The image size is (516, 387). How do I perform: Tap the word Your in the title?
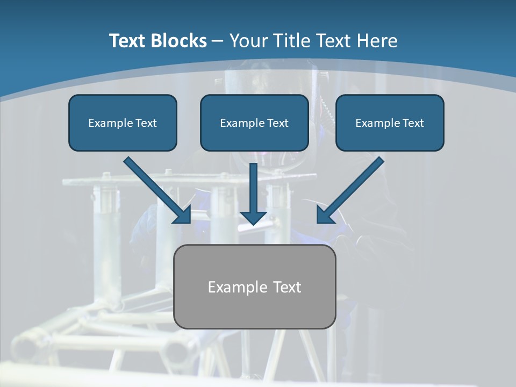click(x=248, y=41)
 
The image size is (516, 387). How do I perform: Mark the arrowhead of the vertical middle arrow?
click(x=253, y=217)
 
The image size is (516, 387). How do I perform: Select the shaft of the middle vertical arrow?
click(x=253, y=185)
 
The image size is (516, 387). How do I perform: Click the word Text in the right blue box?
click(x=413, y=123)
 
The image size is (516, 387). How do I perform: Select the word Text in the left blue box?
click(x=146, y=123)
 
